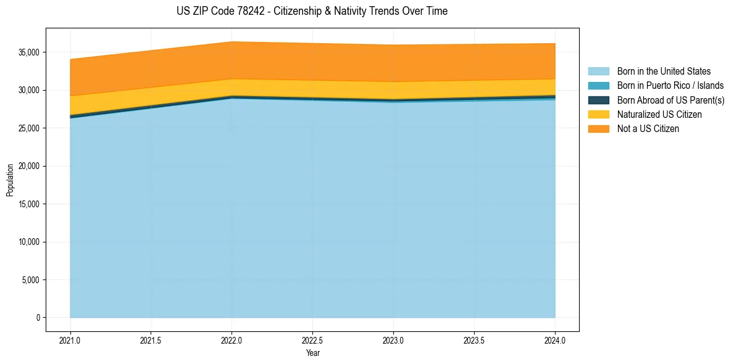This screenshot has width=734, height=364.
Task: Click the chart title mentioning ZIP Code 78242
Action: pyautogui.click(x=312, y=11)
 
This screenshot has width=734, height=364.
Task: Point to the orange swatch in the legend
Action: pyautogui.click(x=598, y=129)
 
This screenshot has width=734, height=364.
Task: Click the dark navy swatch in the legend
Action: pyautogui.click(x=598, y=100)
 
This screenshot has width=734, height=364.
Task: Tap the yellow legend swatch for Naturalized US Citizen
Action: pyautogui.click(x=598, y=115)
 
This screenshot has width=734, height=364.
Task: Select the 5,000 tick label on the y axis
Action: pyautogui.click(x=30, y=280)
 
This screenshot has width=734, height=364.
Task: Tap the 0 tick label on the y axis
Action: pyautogui.click(x=37, y=318)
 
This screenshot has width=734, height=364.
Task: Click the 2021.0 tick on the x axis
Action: pyautogui.click(x=70, y=340)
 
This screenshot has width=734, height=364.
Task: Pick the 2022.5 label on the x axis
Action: pyautogui.click(x=312, y=340)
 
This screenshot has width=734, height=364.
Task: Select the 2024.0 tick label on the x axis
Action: pyautogui.click(x=555, y=340)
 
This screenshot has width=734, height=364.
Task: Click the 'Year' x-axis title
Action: pyautogui.click(x=312, y=353)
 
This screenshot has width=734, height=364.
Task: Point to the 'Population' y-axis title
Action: pyautogui.click(x=10, y=180)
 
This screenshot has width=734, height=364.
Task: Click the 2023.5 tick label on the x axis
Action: pyautogui.click(x=474, y=340)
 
